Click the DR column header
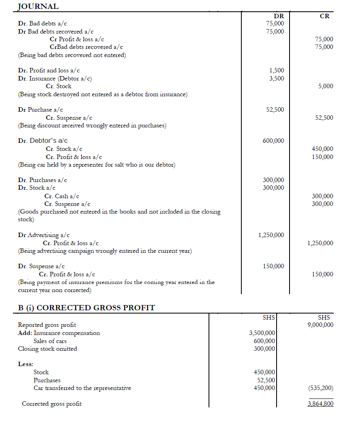279,16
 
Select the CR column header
324,16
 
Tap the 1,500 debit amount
277,70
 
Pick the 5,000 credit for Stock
326,86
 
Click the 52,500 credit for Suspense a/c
324,118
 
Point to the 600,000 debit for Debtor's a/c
273,141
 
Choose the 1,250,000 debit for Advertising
271,235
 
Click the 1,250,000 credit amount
320,243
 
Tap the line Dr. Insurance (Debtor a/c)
55,78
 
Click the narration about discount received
92,125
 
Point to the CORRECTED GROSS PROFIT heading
87,308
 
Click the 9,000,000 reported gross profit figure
320,325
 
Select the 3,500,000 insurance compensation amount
262,333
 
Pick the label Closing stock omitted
47,349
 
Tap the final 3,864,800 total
320,404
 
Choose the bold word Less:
26,364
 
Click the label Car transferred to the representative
82,388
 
